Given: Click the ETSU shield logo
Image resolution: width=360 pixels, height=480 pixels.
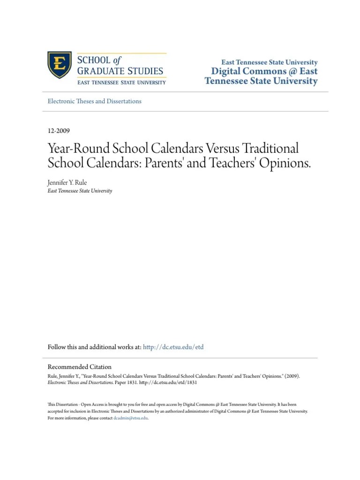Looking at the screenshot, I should [x=60, y=65].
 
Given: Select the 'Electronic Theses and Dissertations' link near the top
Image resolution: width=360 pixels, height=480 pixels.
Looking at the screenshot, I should [x=94, y=101].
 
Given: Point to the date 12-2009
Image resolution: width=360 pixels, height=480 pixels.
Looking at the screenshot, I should [x=59, y=131].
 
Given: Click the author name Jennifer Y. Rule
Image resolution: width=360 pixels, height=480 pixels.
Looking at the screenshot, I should [x=67, y=183].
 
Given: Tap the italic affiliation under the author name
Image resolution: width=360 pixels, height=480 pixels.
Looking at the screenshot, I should [x=80, y=191].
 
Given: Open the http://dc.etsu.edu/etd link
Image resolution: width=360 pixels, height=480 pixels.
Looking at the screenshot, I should [x=173, y=347].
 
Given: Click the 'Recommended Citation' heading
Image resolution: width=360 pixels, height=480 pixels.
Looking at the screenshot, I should [x=80, y=367].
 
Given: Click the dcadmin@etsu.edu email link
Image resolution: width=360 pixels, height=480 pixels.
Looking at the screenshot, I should [x=130, y=418].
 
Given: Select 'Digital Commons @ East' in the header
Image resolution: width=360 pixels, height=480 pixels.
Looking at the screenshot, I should [x=264, y=72].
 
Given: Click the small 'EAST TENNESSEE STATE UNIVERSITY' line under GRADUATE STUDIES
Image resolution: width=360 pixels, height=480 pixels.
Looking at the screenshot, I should [x=121, y=82].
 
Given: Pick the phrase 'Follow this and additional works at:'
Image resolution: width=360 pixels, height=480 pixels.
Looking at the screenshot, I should [x=94, y=347].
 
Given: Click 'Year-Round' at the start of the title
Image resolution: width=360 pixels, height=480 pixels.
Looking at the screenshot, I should [x=74, y=149].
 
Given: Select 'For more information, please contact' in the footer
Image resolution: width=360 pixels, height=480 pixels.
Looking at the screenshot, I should [x=80, y=418].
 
